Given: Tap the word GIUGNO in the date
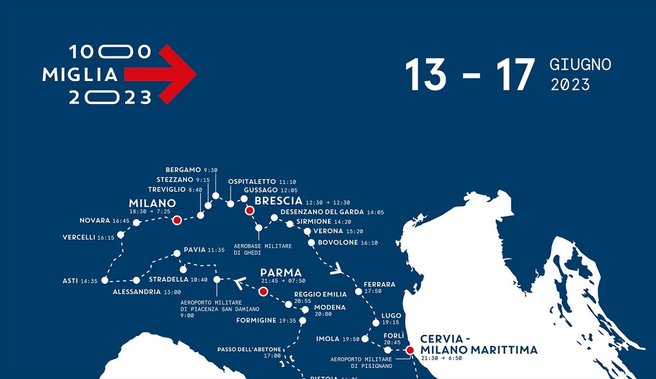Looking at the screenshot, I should click(x=580, y=65).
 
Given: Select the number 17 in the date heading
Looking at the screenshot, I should click(x=512, y=75).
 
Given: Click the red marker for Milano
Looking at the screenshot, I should click(x=177, y=220).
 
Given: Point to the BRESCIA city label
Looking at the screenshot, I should click(x=278, y=201).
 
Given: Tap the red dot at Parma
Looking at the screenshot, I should click(x=263, y=291).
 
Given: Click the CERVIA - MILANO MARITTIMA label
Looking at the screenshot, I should click(x=479, y=345).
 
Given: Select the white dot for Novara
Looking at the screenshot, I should click(x=136, y=223).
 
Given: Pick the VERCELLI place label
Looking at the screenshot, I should click(x=79, y=237).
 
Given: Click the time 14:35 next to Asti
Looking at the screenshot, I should click(x=89, y=281).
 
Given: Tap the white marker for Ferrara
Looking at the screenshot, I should click(x=359, y=291).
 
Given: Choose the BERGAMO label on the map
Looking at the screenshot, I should click(x=183, y=170).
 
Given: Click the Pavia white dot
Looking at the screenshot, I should click(x=177, y=253).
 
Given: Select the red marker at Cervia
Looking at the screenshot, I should click(x=409, y=350).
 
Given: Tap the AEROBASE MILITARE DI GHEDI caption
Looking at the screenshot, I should click(x=263, y=249).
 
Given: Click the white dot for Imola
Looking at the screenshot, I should click(x=365, y=338).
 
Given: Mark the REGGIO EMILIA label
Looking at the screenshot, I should click(x=320, y=294).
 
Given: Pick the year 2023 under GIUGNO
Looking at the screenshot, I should click(x=570, y=85).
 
